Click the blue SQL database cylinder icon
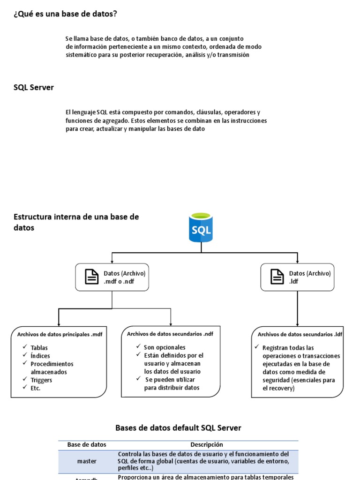pos(201,228)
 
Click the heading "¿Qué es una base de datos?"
pos(65,14)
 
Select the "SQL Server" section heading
pos(34,88)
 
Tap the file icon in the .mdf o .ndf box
pos(92,277)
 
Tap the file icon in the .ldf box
pos(277,277)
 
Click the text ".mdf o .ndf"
pos(119,282)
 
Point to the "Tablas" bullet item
pos(39,348)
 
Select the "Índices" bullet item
pos(40,356)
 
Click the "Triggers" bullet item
pos(41,380)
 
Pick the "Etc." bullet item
pos(36,388)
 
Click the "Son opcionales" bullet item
pos(165,347)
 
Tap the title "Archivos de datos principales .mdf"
pos(60,334)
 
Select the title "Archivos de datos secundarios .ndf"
pos(170,334)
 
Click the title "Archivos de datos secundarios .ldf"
pos(300,334)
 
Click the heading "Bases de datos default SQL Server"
pos(179,427)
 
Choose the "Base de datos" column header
pos(87,444)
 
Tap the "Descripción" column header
pos(207,444)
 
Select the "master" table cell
pos(87,461)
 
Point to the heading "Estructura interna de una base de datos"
pos(76,222)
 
